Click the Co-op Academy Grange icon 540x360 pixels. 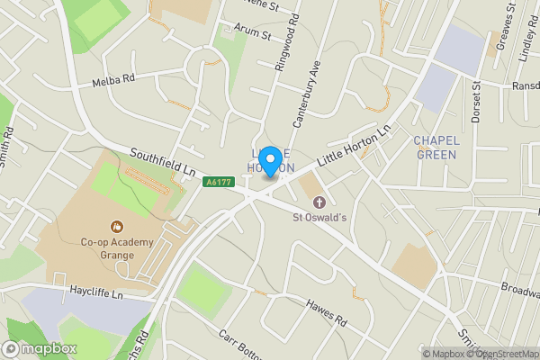(x=115, y=226)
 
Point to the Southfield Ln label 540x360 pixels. (x=162, y=161)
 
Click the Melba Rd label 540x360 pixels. (x=113, y=80)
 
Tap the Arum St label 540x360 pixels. (x=253, y=32)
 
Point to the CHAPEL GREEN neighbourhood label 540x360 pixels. (x=436, y=148)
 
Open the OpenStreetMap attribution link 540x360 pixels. (x=500, y=353)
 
